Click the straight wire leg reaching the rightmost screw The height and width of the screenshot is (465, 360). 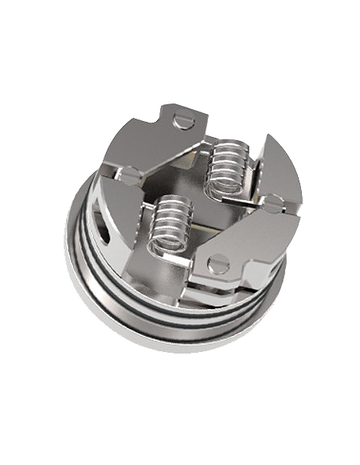click(x=255, y=194)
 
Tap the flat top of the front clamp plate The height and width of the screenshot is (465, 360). click(x=247, y=243)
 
